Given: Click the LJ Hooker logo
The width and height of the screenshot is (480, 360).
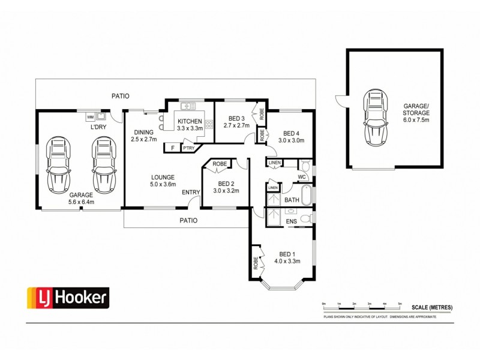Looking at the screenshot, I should (x=67, y=296).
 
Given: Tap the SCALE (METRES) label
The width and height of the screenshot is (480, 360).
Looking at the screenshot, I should (x=431, y=308).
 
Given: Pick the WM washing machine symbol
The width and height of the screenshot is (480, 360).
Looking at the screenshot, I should (x=90, y=116).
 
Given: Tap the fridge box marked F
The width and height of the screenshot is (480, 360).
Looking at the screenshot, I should (x=173, y=147).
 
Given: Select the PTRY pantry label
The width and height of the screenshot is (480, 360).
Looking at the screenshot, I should (x=188, y=147).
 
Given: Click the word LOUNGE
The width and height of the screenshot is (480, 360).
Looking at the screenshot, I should (x=163, y=177).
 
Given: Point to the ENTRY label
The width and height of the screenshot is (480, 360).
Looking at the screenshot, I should (x=191, y=192).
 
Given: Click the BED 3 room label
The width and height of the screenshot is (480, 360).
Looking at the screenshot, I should (x=236, y=118).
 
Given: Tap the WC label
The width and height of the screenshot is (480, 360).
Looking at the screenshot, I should (x=302, y=177).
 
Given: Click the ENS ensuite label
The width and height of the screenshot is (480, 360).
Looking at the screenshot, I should (x=292, y=221).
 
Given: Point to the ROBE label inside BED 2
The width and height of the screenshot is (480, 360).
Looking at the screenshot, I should (x=220, y=163).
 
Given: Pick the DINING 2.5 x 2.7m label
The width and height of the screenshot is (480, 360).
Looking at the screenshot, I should (x=144, y=136).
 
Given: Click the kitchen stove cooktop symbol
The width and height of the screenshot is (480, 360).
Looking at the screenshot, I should (x=209, y=125).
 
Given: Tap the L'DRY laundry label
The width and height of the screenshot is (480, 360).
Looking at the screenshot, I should (x=98, y=128).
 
